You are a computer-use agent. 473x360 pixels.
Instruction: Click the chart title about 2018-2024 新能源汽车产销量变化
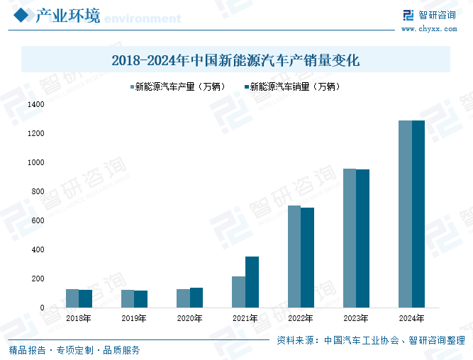pos(235,60)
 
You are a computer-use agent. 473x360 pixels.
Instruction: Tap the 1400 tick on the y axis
pos(35,104)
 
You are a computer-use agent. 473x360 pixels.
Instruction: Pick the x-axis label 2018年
pos(79,319)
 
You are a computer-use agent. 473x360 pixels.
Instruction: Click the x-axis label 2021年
pos(245,319)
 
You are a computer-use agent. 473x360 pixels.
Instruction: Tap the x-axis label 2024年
pos(411,319)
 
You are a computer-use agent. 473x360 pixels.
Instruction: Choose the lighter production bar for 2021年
pos(238,292)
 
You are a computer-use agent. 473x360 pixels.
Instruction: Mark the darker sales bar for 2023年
pos(362,238)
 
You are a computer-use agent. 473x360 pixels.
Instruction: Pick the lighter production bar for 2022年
pos(294,257)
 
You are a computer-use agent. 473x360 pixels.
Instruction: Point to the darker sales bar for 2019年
pos(140,299)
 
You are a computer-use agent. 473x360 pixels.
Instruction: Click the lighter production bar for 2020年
pos(183,298)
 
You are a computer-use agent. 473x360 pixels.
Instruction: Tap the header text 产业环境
pos(67,16)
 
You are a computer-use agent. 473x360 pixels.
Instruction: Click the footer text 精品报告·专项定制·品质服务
pos(74,350)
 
